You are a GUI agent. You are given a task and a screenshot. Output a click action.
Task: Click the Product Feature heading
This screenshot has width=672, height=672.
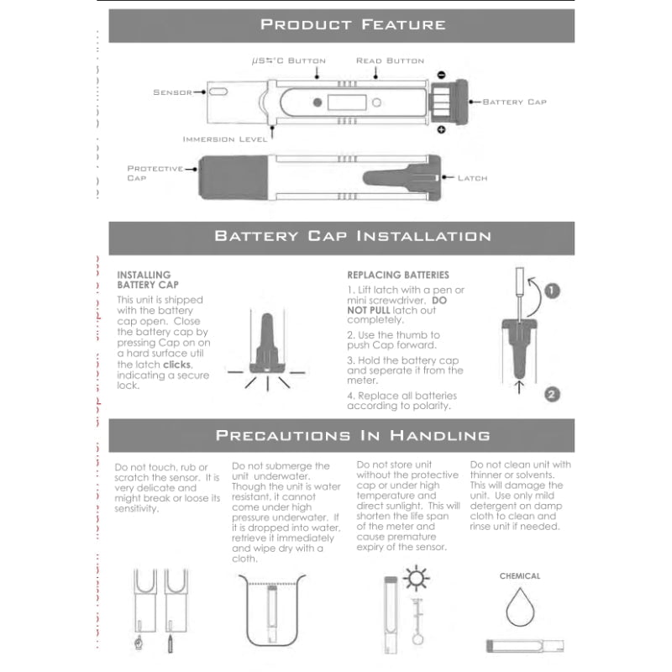click(x=353, y=24)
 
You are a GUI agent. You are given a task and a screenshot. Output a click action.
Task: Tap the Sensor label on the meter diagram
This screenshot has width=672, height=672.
click(x=172, y=92)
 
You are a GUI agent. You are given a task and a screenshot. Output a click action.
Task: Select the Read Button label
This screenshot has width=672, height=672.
click(x=390, y=60)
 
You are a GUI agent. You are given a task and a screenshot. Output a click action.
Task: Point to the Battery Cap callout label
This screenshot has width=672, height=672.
click(x=514, y=102)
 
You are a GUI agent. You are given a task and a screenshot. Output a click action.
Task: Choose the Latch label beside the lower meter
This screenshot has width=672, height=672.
click(x=472, y=178)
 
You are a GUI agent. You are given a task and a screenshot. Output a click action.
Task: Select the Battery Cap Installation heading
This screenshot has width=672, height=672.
click(x=353, y=236)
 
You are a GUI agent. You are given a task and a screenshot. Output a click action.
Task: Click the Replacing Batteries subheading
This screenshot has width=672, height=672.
click(x=397, y=275)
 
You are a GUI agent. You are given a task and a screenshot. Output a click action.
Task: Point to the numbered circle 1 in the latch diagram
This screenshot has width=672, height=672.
click(x=551, y=291)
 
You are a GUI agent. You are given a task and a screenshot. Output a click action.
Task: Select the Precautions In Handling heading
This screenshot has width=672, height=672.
click(x=353, y=435)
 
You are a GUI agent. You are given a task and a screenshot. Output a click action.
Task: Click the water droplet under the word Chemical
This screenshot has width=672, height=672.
click(x=520, y=607)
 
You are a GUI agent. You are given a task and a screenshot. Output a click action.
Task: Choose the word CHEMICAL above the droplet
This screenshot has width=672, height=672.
click(x=520, y=576)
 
